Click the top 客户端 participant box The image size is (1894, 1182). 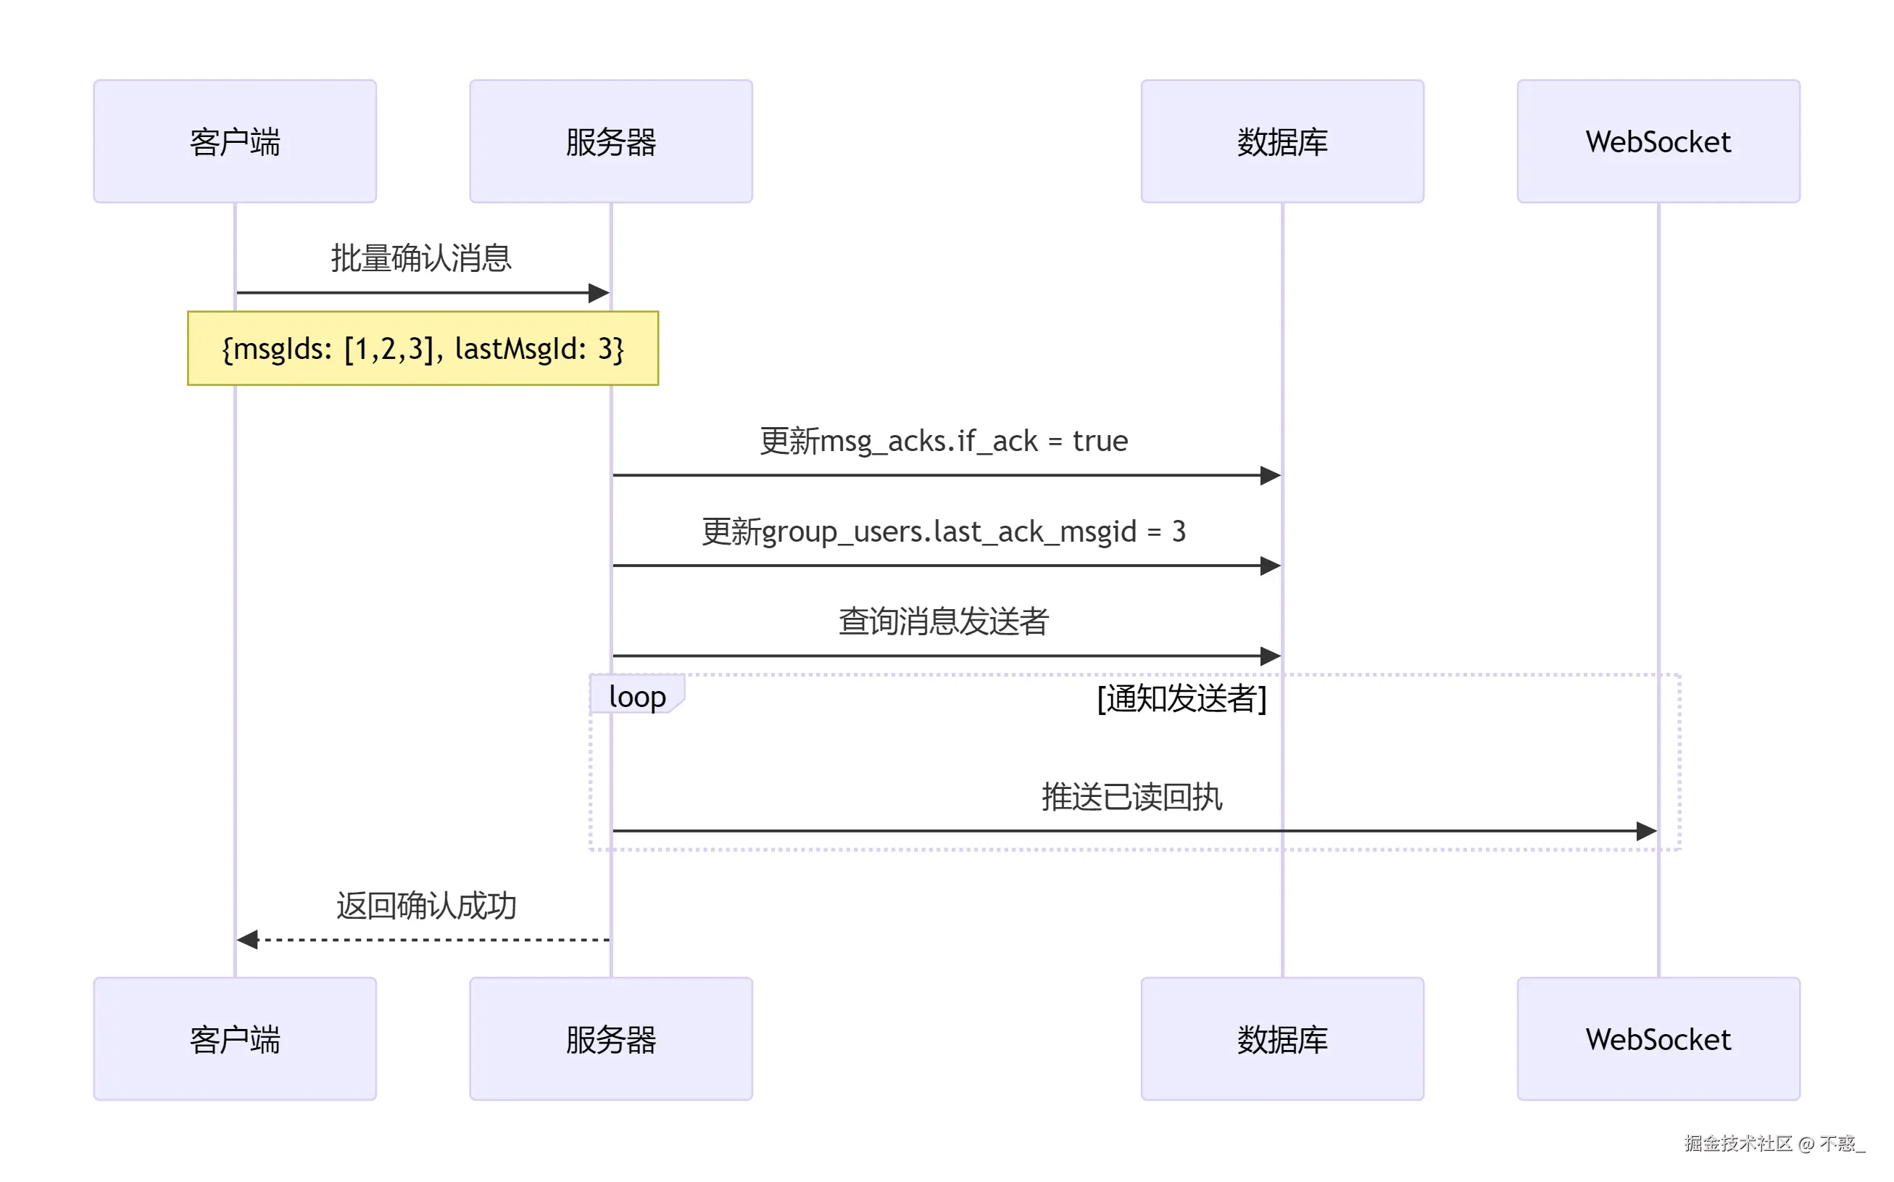(x=234, y=141)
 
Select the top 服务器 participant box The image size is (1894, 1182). (x=611, y=141)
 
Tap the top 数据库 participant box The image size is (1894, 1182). (x=1282, y=141)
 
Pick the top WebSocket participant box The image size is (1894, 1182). (x=1658, y=141)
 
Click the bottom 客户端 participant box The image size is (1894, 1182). (x=234, y=1039)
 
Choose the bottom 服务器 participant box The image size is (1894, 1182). (x=611, y=1039)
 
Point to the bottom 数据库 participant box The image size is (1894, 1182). (x=1282, y=1039)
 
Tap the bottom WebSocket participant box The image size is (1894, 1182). (x=1658, y=1039)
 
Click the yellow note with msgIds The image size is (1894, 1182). (x=423, y=349)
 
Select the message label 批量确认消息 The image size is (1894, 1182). (x=421, y=258)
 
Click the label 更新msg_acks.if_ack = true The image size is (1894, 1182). (x=944, y=441)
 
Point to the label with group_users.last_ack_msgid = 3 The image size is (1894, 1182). (x=944, y=532)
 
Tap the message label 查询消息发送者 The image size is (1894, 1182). (x=944, y=621)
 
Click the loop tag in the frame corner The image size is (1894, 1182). (x=637, y=695)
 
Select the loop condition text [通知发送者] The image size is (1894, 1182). (x=1181, y=698)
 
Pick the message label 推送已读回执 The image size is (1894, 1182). (x=1131, y=798)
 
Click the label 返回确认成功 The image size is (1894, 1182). (x=427, y=906)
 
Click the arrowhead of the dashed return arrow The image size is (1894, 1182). (x=248, y=940)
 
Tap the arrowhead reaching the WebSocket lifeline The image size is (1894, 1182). (x=1645, y=831)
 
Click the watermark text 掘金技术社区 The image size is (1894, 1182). (x=1737, y=1144)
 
